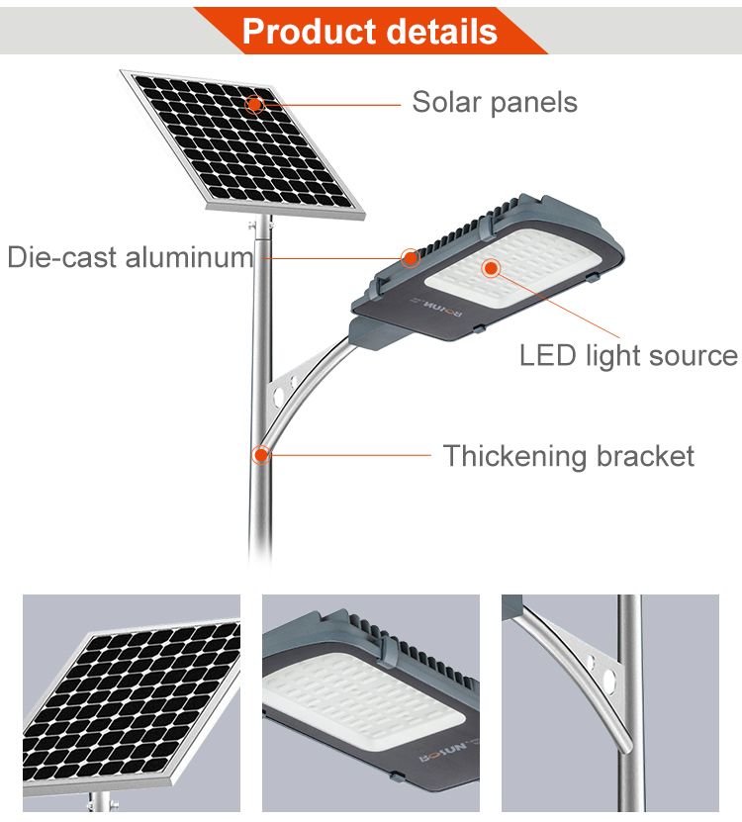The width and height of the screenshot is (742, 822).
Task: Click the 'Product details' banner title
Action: coord(370,32)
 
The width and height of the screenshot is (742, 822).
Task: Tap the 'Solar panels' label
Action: coord(495,102)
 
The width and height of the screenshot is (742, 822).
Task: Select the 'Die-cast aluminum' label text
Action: coord(131,257)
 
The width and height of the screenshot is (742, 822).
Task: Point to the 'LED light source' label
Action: coord(628,356)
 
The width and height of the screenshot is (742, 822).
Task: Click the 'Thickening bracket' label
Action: coord(569,456)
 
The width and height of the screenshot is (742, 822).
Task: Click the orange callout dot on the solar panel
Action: coord(254,104)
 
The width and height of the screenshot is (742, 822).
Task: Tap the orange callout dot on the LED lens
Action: coord(491,268)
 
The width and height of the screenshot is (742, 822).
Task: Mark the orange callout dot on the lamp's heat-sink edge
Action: coord(410,257)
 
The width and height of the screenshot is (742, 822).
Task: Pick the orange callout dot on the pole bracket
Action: coord(260,454)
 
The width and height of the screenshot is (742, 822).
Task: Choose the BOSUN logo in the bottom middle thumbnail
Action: coord(444,751)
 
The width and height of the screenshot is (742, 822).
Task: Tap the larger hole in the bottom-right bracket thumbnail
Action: coord(609,680)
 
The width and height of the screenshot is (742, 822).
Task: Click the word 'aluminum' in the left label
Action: coord(190,257)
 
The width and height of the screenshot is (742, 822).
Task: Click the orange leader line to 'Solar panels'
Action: coord(332,105)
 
